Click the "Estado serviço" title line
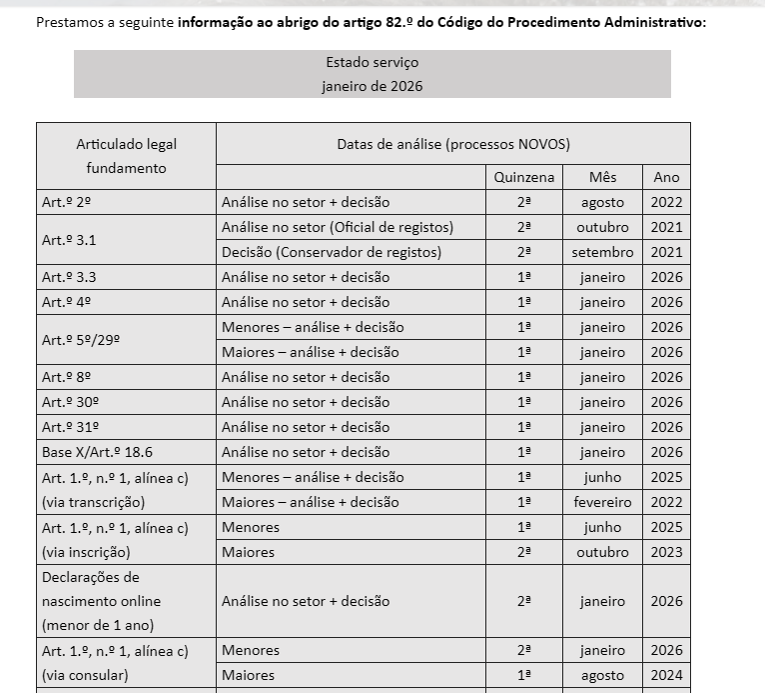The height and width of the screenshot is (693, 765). pos(372,62)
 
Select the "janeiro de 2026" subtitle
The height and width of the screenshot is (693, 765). pos(372,86)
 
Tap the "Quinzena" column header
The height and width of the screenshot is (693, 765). pos(523,177)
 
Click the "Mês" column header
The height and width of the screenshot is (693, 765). pos(602,177)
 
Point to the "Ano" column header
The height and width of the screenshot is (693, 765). pos(666,177)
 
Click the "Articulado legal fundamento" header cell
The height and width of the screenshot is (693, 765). pos(126,156)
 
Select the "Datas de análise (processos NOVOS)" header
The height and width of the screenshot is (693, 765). pos(452,144)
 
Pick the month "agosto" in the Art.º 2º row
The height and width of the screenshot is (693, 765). pos(602,202)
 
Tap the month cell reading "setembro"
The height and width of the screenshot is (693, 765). pos(602,252)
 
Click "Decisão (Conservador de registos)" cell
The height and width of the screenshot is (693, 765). pos(331,252)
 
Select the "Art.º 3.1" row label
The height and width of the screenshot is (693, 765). pos(69,240)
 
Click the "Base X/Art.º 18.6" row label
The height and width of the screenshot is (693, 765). pos(97,452)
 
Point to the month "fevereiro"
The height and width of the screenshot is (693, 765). pos(602,502)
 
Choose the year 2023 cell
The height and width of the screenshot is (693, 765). pos(666,552)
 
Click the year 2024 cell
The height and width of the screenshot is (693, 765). pos(666,675)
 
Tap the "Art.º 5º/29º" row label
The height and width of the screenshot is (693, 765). pos(81,340)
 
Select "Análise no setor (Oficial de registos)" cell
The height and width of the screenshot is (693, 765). pos(337,227)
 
